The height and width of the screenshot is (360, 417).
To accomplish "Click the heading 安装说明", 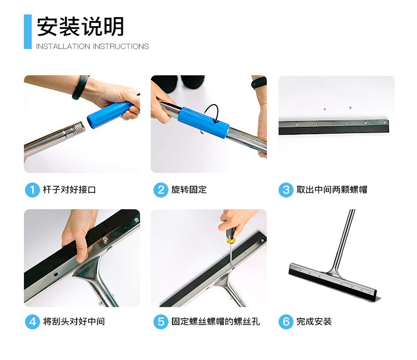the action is pos(80,27).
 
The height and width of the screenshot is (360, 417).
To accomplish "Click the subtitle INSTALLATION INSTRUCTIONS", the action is pos(92,46).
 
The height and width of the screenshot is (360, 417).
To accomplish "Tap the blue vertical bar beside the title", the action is pos(28,32).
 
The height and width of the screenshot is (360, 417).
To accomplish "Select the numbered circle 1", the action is pos(32,190).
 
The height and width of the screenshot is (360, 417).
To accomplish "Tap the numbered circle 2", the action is pos(161,190).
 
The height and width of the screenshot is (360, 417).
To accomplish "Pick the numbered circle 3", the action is pos(286,190).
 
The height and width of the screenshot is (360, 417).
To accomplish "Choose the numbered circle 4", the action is pos(32,322).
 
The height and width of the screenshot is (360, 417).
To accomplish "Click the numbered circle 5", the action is pos(161,322).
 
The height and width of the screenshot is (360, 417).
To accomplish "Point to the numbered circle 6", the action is pos(286,322).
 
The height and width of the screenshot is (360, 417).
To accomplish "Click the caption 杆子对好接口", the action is pos(69,190).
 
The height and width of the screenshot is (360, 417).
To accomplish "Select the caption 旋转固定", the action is pos(189,190).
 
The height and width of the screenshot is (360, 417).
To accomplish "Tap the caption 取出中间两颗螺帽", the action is pos(332,190).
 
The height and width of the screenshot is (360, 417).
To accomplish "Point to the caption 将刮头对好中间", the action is pos(74,322).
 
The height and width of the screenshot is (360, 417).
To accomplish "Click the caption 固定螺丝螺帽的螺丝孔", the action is pos(215,322).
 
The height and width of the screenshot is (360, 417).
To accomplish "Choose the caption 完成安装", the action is pos(314,322).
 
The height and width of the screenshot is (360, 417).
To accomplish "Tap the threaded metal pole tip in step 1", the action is pos(79,127).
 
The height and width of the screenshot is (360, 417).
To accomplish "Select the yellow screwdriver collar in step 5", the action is pos(230,240).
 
